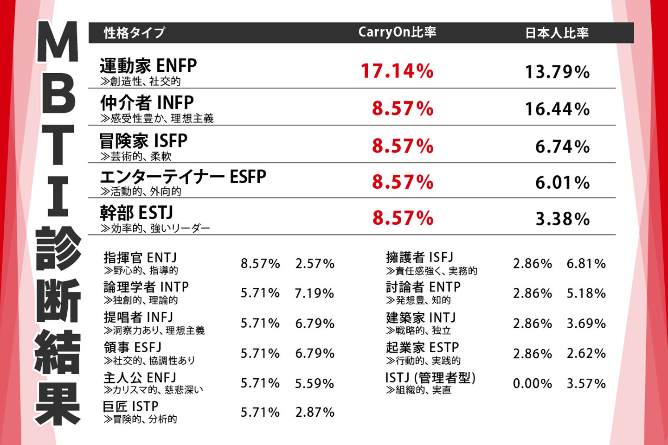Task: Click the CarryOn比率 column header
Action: coord(397,32)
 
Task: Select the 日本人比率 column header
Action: coord(557,33)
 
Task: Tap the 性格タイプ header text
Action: coord(135,33)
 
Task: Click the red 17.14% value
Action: coord(397,71)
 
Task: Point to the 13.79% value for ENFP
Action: coord(557,72)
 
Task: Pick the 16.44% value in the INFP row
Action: coord(557,109)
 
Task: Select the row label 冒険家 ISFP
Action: coord(144,141)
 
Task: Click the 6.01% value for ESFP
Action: coord(562,183)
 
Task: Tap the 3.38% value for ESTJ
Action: coord(562,219)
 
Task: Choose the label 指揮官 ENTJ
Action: coord(140,257)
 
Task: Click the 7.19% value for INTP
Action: coord(315,293)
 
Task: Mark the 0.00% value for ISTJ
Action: coord(533,383)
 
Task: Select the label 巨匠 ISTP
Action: coord(131,407)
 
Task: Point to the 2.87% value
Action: coord(315,412)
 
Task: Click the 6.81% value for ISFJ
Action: coord(586,264)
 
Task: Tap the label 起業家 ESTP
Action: coord(422,347)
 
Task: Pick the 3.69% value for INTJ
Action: coord(586,324)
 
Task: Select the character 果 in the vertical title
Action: coord(58,403)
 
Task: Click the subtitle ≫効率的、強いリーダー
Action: coord(155,228)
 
